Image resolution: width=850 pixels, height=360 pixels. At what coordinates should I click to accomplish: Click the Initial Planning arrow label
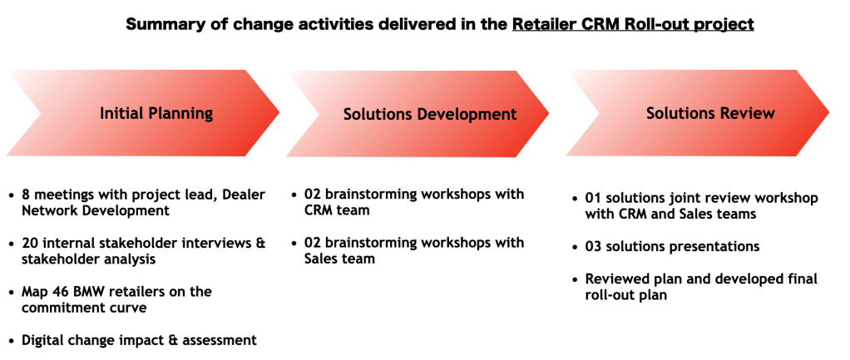tap(156, 113)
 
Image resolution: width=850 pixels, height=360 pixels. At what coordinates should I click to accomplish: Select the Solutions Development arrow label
tap(430, 114)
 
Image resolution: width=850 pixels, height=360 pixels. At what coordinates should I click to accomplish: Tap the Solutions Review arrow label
tap(710, 113)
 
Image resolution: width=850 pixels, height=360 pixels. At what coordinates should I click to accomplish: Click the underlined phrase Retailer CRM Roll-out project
tap(633, 24)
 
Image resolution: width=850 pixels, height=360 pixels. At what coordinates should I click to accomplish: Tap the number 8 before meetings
tap(27, 195)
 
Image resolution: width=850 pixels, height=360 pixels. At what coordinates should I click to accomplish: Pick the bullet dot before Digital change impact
tap(11, 340)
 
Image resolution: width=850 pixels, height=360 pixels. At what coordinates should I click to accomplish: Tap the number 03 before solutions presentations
tap(595, 246)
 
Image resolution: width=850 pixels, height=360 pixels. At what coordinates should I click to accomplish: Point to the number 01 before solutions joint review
tap(594, 198)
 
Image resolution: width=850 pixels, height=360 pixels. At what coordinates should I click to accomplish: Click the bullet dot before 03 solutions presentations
tap(577, 247)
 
